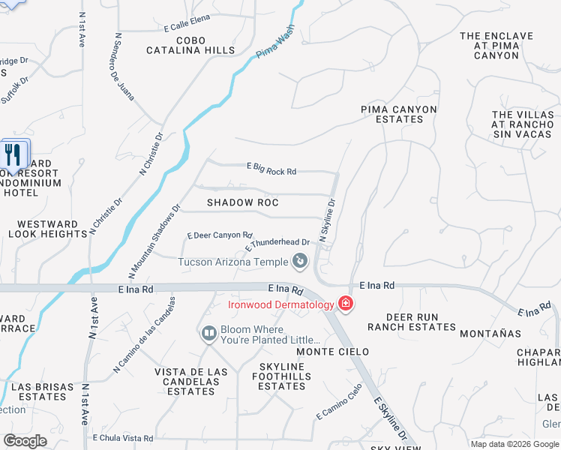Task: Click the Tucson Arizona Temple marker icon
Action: [300, 261]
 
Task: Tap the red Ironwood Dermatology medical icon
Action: [346, 304]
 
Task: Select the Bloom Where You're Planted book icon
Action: [209, 332]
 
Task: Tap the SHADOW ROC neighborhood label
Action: [242, 202]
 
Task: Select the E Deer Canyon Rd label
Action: [214, 235]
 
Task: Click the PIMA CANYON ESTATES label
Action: [398, 114]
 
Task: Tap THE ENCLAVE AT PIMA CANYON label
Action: [496, 45]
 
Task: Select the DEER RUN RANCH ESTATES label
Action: [412, 322]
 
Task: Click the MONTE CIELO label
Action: [332, 352]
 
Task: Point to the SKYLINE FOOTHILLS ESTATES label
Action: [281, 376]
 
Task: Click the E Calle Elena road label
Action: [187, 27]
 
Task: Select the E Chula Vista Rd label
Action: [122, 438]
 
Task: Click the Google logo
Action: [25, 441]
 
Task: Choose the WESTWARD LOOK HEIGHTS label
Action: [48, 229]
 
